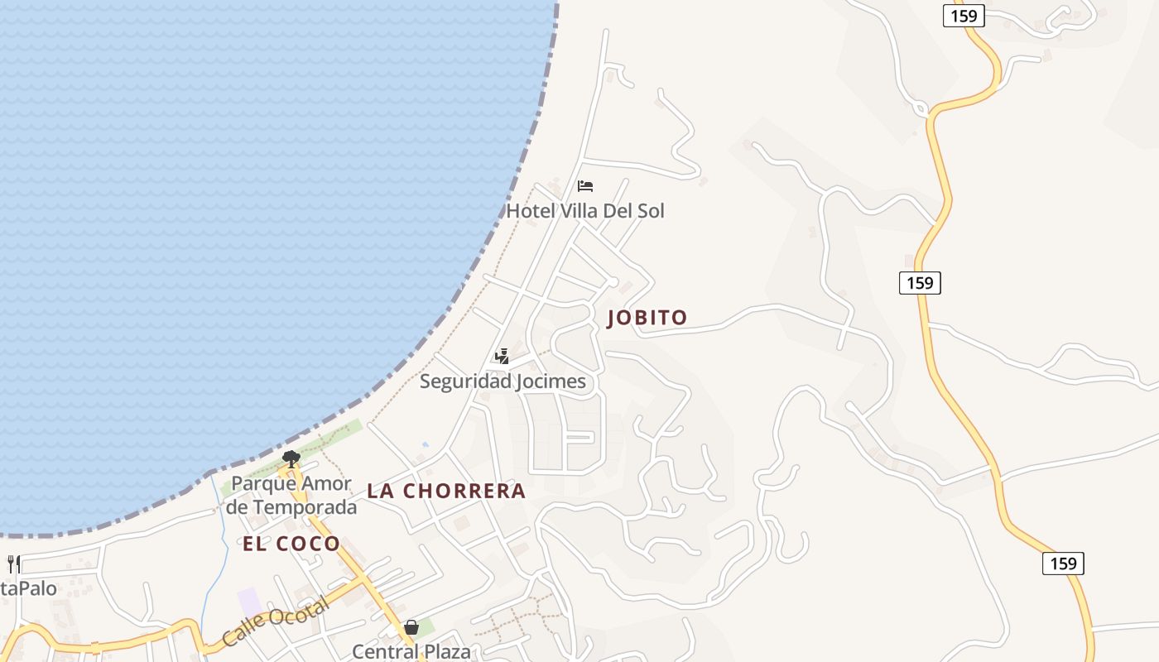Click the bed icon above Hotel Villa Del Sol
pos(585,185)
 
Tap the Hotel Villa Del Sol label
pos(585,211)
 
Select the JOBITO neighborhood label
pos(647,318)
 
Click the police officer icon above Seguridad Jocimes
pos(502,357)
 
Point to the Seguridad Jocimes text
pos(503,381)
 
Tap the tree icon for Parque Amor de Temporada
pos(291,458)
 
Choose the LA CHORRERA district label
pos(446,491)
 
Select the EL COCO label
pos(291,544)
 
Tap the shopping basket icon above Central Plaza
pos(411,628)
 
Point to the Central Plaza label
pos(411,651)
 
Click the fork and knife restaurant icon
pos(13,564)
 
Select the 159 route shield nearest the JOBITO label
pos(920,283)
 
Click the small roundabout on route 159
pos(921,108)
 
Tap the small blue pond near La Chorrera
pos(426,444)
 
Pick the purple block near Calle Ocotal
pos(249,602)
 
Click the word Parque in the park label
pos(258,483)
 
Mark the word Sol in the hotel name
pos(650,211)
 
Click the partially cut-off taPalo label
pos(28,589)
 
